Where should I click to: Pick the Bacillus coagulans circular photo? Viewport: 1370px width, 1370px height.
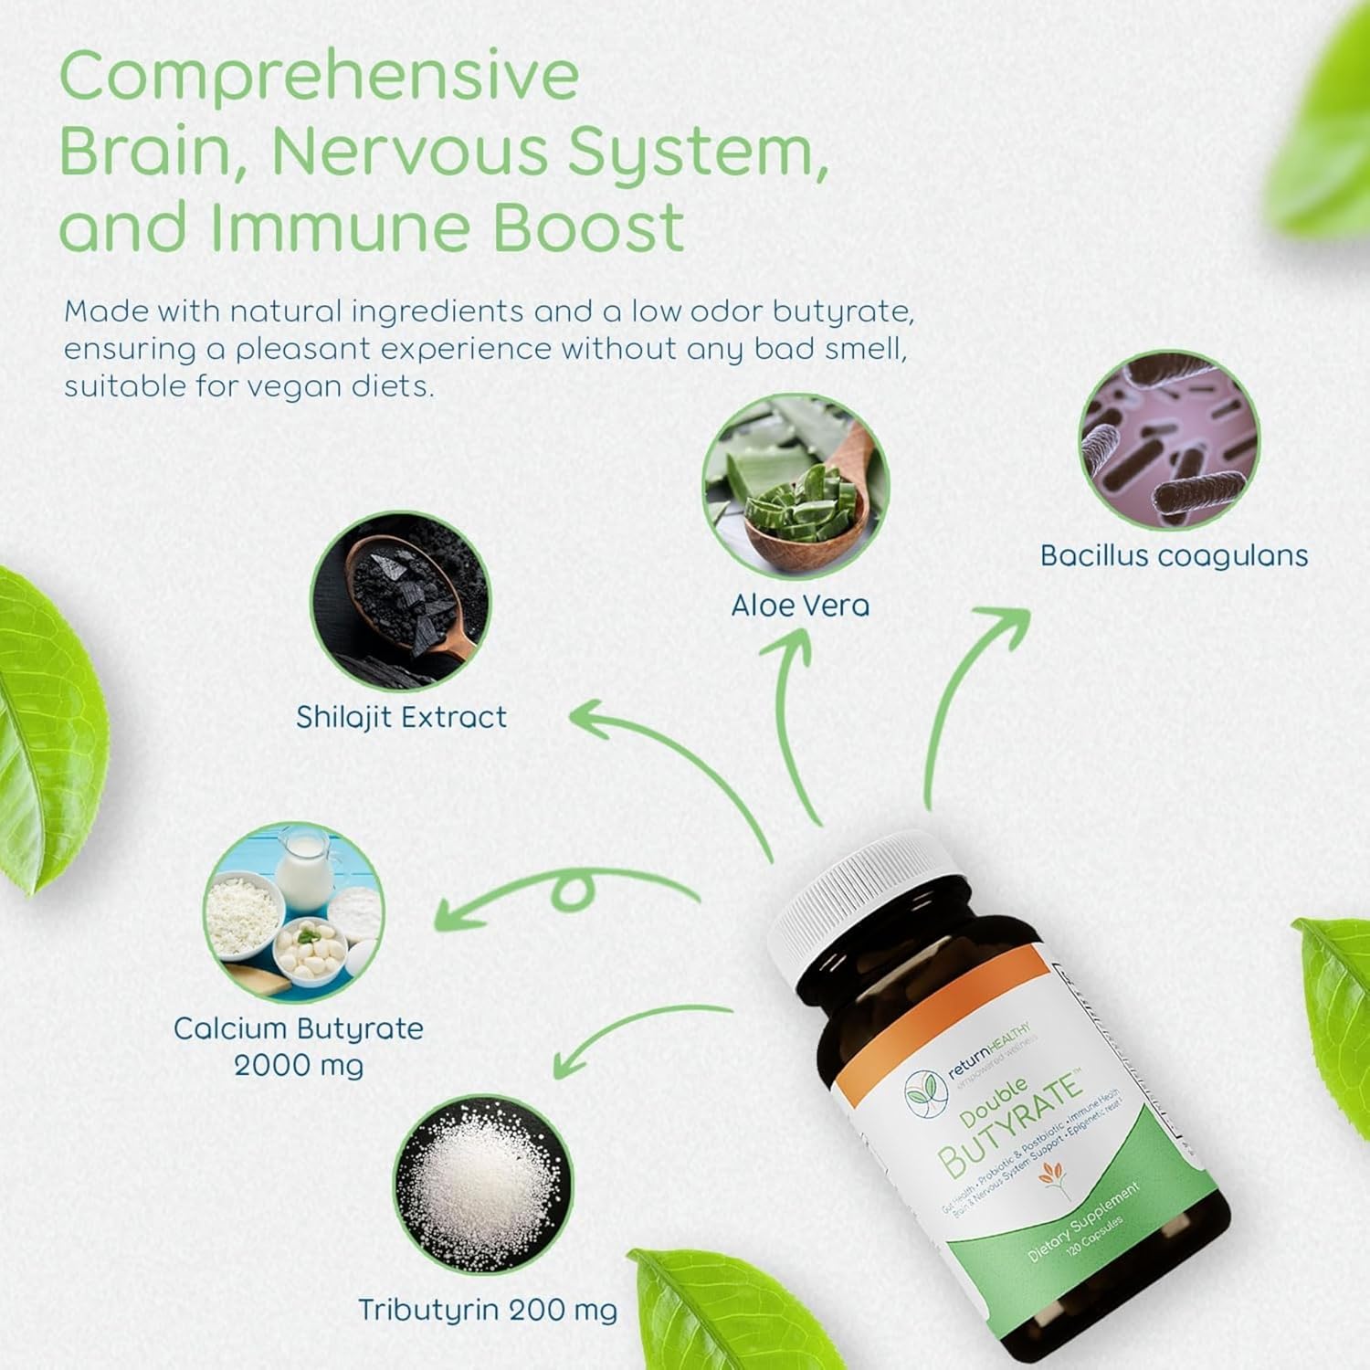click(x=1169, y=440)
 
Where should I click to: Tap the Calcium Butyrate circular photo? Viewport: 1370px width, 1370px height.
click(x=293, y=912)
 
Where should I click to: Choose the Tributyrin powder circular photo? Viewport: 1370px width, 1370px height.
click(x=483, y=1184)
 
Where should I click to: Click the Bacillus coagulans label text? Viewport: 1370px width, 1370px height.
click(x=1174, y=556)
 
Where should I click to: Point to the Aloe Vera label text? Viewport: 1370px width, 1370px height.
click(x=800, y=606)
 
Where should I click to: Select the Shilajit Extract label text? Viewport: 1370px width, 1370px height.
click(x=401, y=717)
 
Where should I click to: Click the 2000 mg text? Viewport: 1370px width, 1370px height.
click(x=299, y=1066)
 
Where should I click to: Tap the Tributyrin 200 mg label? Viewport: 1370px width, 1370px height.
click(x=487, y=1310)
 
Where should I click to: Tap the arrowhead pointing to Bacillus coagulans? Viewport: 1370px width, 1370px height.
click(x=1005, y=621)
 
